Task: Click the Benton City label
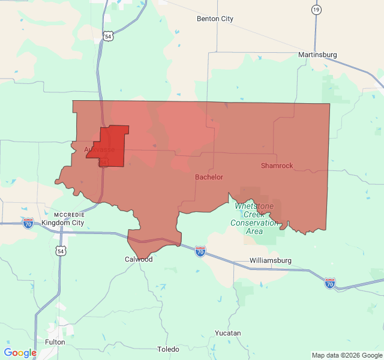click(x=215, y=19)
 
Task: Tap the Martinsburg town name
click(x=317, y=55)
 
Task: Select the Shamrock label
click(x=277, y=166)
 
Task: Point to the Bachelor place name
click(x=209, y=177)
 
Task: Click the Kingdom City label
click(x=62, y=223)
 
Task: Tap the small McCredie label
click(x=69, y=214)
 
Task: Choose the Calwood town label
click(x=139, y=259)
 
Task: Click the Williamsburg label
click(x=270, y=260)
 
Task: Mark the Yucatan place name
click(x=227, y=333)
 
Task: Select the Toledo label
click(x=168, y=349)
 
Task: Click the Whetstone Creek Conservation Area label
click(x=254, y=218)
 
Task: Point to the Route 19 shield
click(x=316, y=10)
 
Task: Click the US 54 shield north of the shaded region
click(x=107, y=37)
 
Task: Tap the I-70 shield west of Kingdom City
click(x=28, y=223)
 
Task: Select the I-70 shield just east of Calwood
click(x=200, y=251)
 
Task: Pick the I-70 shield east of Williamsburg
click(x=330, y=283)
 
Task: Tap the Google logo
click(x=20, y=353)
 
